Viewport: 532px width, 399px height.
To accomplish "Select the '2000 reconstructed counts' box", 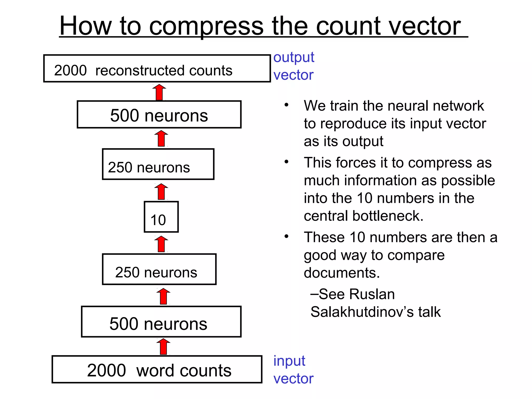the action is tap(157, 69).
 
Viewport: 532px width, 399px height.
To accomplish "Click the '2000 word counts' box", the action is tap(157, 369).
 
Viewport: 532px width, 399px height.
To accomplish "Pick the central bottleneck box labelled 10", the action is tap(161, 217).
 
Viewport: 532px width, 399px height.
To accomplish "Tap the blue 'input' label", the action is tap(289, 361).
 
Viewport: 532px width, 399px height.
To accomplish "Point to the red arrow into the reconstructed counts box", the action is tap(159, 92).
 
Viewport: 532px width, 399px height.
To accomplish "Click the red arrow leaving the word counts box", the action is tap(163, 347).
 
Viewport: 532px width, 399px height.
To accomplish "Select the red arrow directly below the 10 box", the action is tap(161, 244).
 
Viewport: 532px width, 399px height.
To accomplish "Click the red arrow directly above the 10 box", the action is tap(161, 192).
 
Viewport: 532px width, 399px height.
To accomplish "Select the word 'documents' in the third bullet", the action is tap(341, 273).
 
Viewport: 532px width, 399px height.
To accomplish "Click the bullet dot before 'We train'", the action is tap(286, 105).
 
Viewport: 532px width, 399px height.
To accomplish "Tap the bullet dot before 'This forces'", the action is tap(286, 162).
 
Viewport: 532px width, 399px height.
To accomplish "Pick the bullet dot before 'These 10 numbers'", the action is tap(286, 236).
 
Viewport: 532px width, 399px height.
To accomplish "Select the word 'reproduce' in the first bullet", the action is tap(353, 124).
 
